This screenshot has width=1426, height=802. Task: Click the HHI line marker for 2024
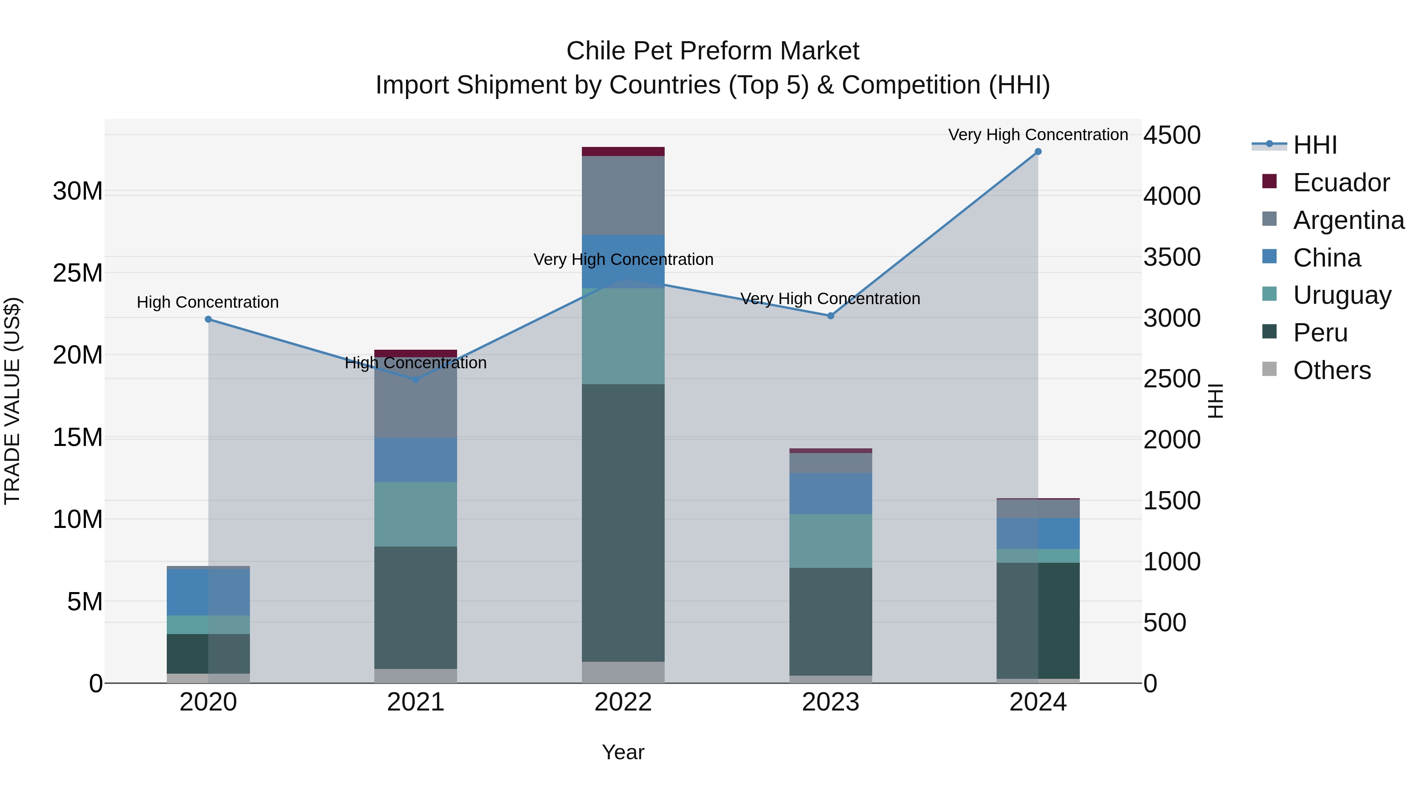(x=1038, y=152)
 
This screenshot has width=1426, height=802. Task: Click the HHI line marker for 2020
(x=208, y=319)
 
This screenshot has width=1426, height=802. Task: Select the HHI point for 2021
(x=416, y=380)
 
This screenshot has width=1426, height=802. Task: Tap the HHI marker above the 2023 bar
(x=830, y=316)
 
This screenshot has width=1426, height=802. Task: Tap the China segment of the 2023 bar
(x=830, y=494)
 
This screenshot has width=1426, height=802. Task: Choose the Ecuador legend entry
(x=1341, y=183)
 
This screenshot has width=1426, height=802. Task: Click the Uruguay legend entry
(x=1342, y=295)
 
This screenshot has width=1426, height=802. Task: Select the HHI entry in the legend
(x=1315, y=145)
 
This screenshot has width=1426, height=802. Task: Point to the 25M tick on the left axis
(x=78, y=273)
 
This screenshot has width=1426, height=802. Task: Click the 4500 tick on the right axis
(x=1172, y=135)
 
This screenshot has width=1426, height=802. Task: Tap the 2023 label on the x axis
(x=830, y=702)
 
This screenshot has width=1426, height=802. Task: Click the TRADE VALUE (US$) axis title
(x=12, y=401)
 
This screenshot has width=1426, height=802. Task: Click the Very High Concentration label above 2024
(x=1038, y=135)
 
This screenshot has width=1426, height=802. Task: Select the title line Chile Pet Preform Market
(x=713, y=51)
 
